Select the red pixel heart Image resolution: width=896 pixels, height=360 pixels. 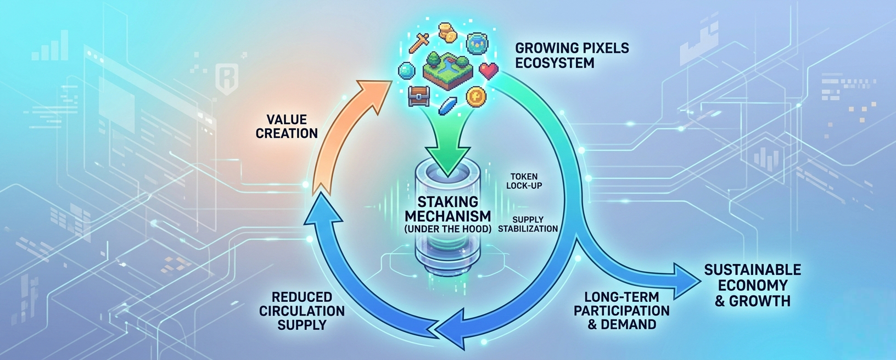[x=488, y=70]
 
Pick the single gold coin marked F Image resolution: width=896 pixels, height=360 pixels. [x=475, y=97]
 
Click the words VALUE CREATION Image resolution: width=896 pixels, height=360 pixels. [x=287, y=126]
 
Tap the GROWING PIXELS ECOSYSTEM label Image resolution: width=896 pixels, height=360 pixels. [x=572, y=55]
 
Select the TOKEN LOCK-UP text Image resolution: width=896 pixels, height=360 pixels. [x=524, y=181]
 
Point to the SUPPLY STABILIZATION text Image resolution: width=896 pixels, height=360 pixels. [x=528, y=224]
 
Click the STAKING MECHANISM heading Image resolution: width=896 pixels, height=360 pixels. [x=447, y=209]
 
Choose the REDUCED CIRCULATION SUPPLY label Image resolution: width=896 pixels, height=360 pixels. [x=302, y=311]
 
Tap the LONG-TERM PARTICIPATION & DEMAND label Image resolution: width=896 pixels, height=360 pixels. [x=621, y=311]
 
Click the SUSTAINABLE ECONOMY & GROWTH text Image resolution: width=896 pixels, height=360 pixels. [x=753, y=285]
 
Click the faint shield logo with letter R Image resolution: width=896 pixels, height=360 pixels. [x=226, y=78]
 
